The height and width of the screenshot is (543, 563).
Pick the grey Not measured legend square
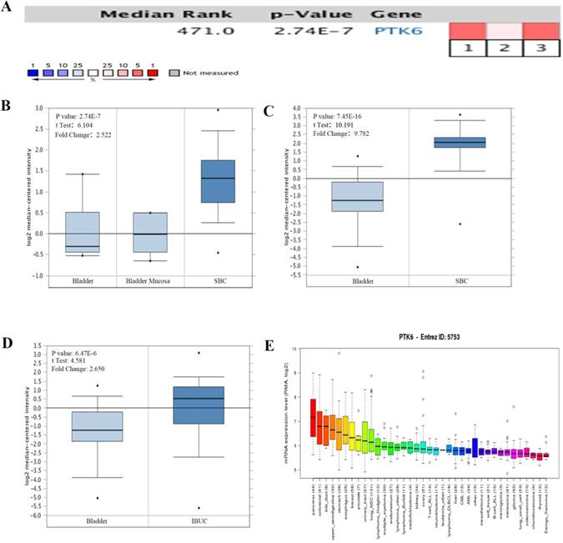(x=173, y=84)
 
